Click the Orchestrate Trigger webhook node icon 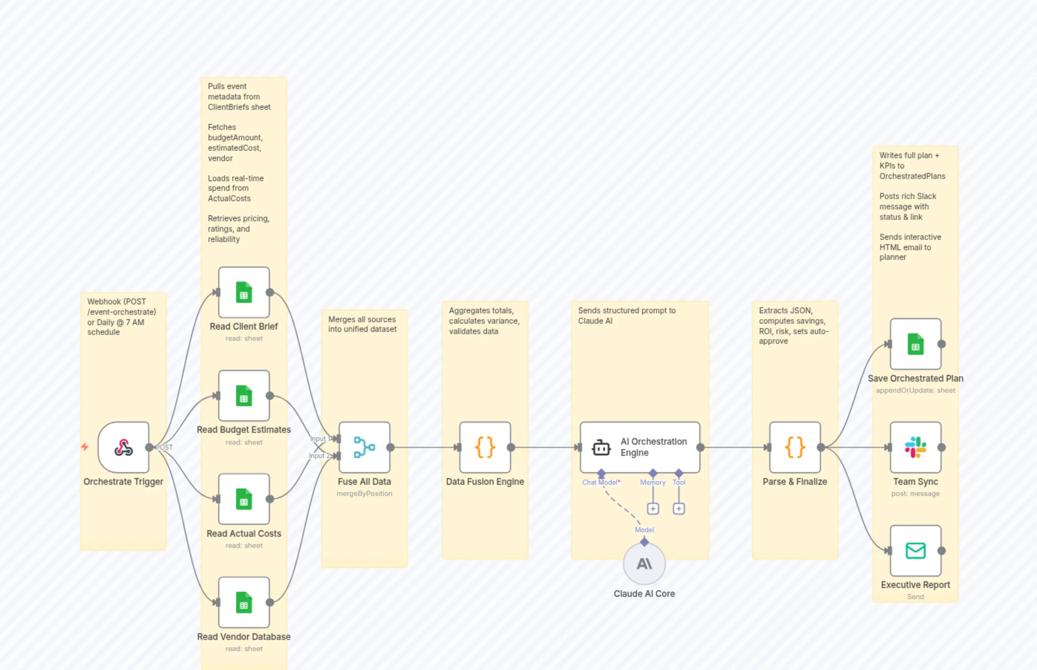pos(124,447)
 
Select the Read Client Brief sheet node pos(243,292)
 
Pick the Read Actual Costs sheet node pos(243,499)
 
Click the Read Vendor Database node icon pos(243,602)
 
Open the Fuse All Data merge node pos(364,447)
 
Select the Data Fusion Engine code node pos(485,447)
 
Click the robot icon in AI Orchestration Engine pos(601,448)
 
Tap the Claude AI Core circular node pos(644,564)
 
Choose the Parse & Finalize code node pos(795,447)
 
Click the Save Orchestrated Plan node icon pos(915,344)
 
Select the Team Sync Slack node pos(915,447)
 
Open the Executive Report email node pos(915,551)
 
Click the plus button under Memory pos(653,509)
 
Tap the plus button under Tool pos(678,509)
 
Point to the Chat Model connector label pos(600,483)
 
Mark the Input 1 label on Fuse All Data pos(318,438)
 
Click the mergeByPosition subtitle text pos(364,494)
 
